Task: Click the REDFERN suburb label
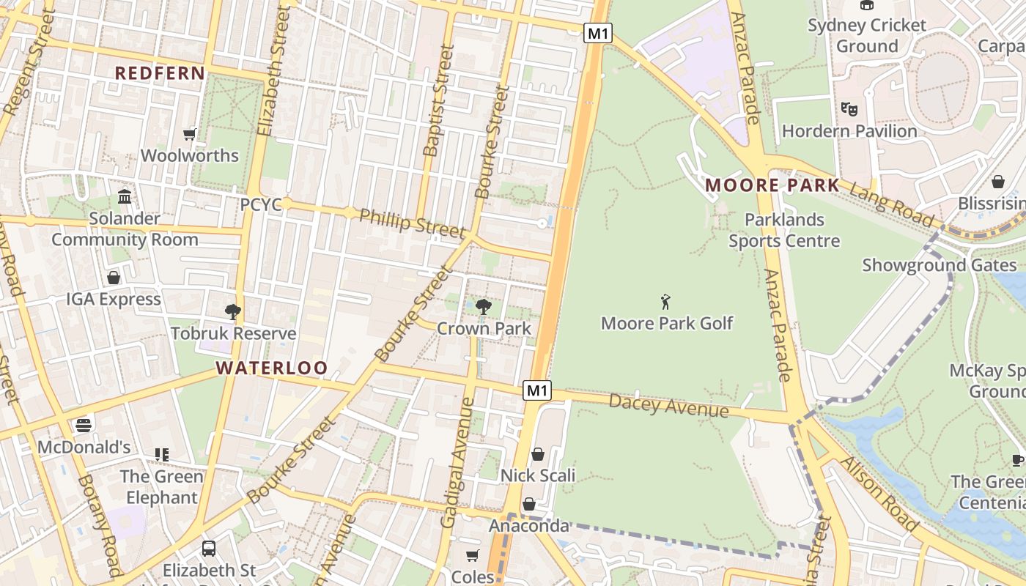coord(160,73)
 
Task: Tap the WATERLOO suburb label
coord(272,368)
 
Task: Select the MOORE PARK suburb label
coord(772,185)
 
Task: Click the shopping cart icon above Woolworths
coord(190,134)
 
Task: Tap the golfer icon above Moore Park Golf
coord(665,302)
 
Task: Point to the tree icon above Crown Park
coord(483,307)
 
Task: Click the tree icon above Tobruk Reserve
coord(233,312)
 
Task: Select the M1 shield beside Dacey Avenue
coord(537,391)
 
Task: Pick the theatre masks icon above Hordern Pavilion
coord(849,109)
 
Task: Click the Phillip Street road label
coord(412,223)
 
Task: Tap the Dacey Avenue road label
coord(668,405)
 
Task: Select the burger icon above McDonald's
coord(84,426)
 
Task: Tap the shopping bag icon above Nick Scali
coord(538,454)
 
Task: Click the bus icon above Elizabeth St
coord(209,548)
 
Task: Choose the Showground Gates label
coord(939,265)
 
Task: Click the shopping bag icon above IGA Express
coord(114,278)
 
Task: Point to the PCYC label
coord(261,204)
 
